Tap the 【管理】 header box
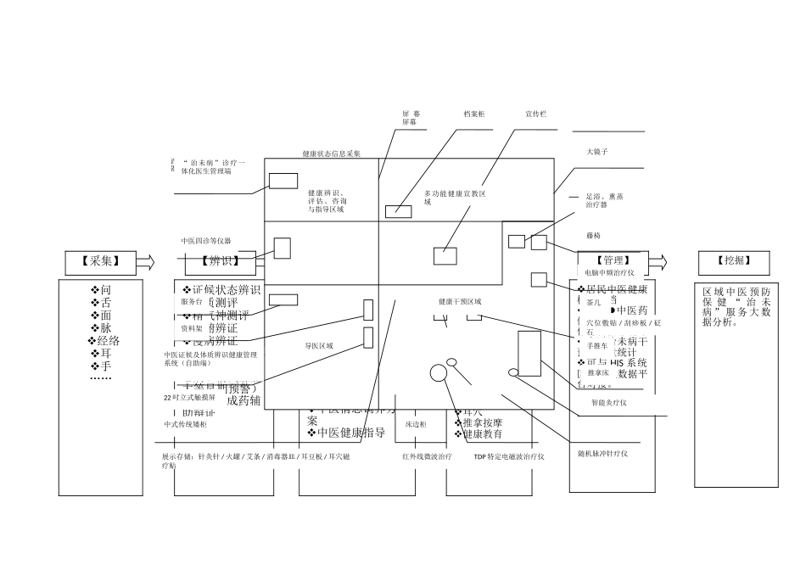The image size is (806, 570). point(613,260)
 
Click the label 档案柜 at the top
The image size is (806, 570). point(474,114)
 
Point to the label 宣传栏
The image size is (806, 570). point(535,114)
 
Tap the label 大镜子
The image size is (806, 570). point(597,151)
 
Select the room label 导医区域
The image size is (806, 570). point(319,346)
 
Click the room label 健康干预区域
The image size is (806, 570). point(460,302)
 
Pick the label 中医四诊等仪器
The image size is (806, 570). point(205,241)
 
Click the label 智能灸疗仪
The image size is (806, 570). point(608,403)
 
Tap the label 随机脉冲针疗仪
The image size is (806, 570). point(603,454)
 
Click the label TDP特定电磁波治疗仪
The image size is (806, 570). point(509,456)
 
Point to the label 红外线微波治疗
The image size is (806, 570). point(427,456)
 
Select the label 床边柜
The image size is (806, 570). point(416,423)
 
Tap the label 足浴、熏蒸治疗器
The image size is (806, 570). point(605,200)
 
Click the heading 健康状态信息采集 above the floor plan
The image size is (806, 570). point(332,154)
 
